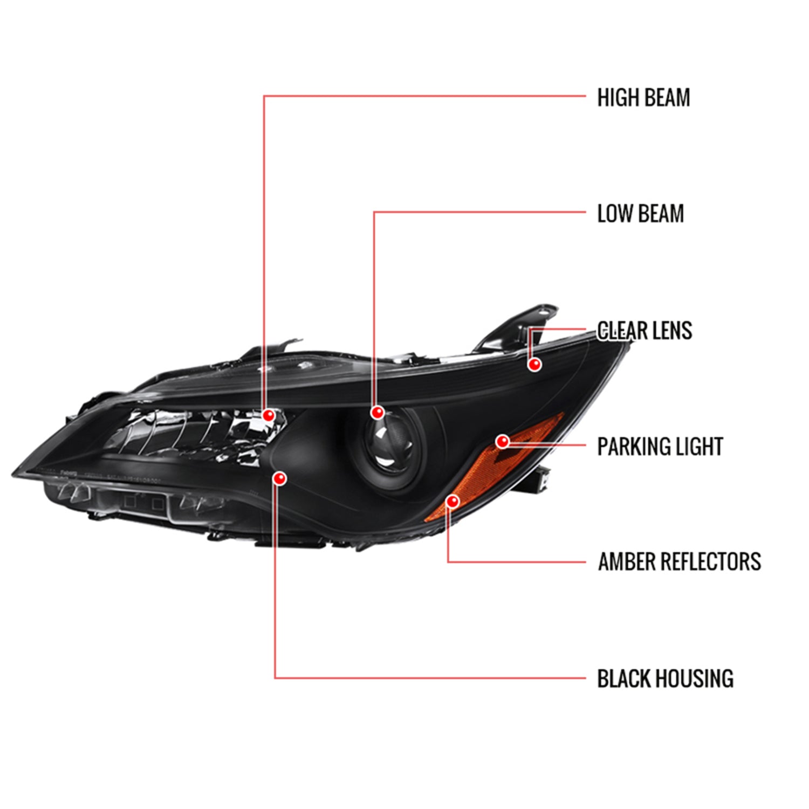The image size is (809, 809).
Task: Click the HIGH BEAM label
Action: pos(643,98)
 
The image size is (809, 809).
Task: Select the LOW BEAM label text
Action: pos(640,214)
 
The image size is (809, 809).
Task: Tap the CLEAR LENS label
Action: pos(645,331)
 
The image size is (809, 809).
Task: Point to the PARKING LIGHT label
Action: pos(660,447)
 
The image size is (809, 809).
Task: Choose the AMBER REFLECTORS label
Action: pos(679,561)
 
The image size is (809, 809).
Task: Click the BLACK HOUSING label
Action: pos(665,678)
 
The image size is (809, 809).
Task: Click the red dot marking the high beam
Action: pos(268,415)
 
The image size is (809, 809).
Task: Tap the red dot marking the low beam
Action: pos(378,413)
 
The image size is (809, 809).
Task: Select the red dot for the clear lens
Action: pos(534,365)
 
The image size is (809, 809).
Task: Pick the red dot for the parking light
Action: pos(503,442)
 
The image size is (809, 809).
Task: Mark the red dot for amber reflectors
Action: pos(453,502)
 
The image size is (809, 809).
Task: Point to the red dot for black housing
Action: pos(280,478)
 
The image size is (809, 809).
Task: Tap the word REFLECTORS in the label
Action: pos(710,561)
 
